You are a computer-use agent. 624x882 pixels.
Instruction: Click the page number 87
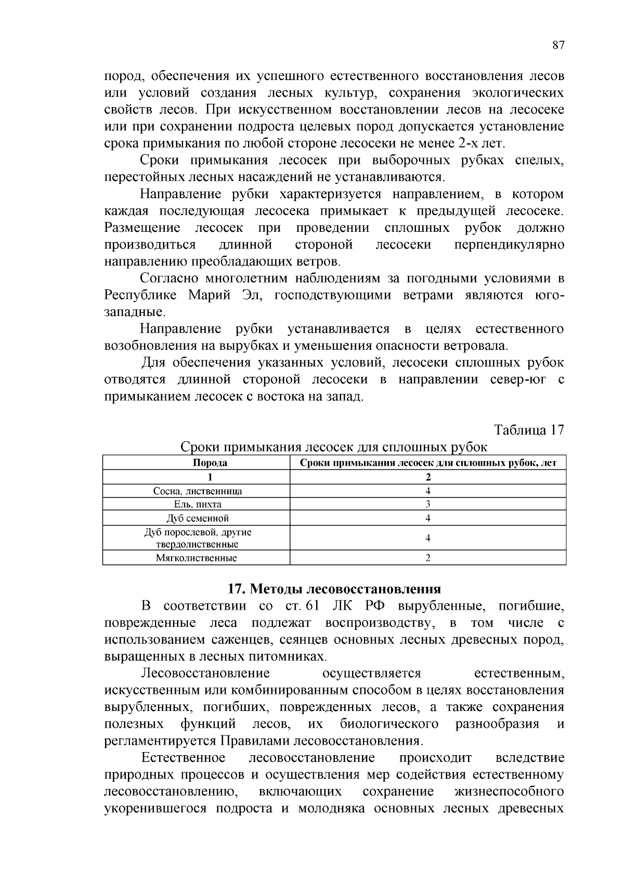(x=558, y=45)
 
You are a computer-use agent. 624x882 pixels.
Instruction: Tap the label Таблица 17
(x=529, y=430)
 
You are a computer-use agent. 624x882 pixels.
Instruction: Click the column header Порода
(x=210, y=463)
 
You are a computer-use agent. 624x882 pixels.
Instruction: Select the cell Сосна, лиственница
(x=198, y=491)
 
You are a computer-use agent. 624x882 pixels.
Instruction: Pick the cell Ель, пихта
(x=198, y=504)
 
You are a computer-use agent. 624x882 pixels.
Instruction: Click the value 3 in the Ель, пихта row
(x=428, y=504)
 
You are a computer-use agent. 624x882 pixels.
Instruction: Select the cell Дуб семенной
(x=198, y=518)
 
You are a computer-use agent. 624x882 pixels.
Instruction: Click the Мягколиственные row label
(x=197, y=558)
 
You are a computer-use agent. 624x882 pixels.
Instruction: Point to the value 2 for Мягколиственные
(x=428, y=558)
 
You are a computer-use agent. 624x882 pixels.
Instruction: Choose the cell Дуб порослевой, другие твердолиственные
(x=198, y=538)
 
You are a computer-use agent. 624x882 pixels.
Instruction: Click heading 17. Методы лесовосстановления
(x=334, y=589)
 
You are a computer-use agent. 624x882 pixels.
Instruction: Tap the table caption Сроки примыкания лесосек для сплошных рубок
(x=334, y=447)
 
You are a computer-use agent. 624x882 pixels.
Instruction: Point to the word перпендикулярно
(x=509, y=245)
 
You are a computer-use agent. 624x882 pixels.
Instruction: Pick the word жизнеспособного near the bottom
(x=509, y=792)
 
